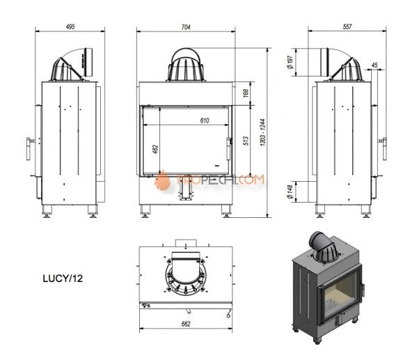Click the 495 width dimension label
(x=70, y=26)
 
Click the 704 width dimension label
(x=186, y=27)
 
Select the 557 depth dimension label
(x=347, y=26)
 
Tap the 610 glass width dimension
(x=205, y=120)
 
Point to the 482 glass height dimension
(x=155, y=149)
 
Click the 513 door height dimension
(x=246, y=140)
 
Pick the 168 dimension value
(x=246, y=93)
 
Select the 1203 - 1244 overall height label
(x=262, y=132)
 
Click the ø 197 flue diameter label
(x=290, y=62)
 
